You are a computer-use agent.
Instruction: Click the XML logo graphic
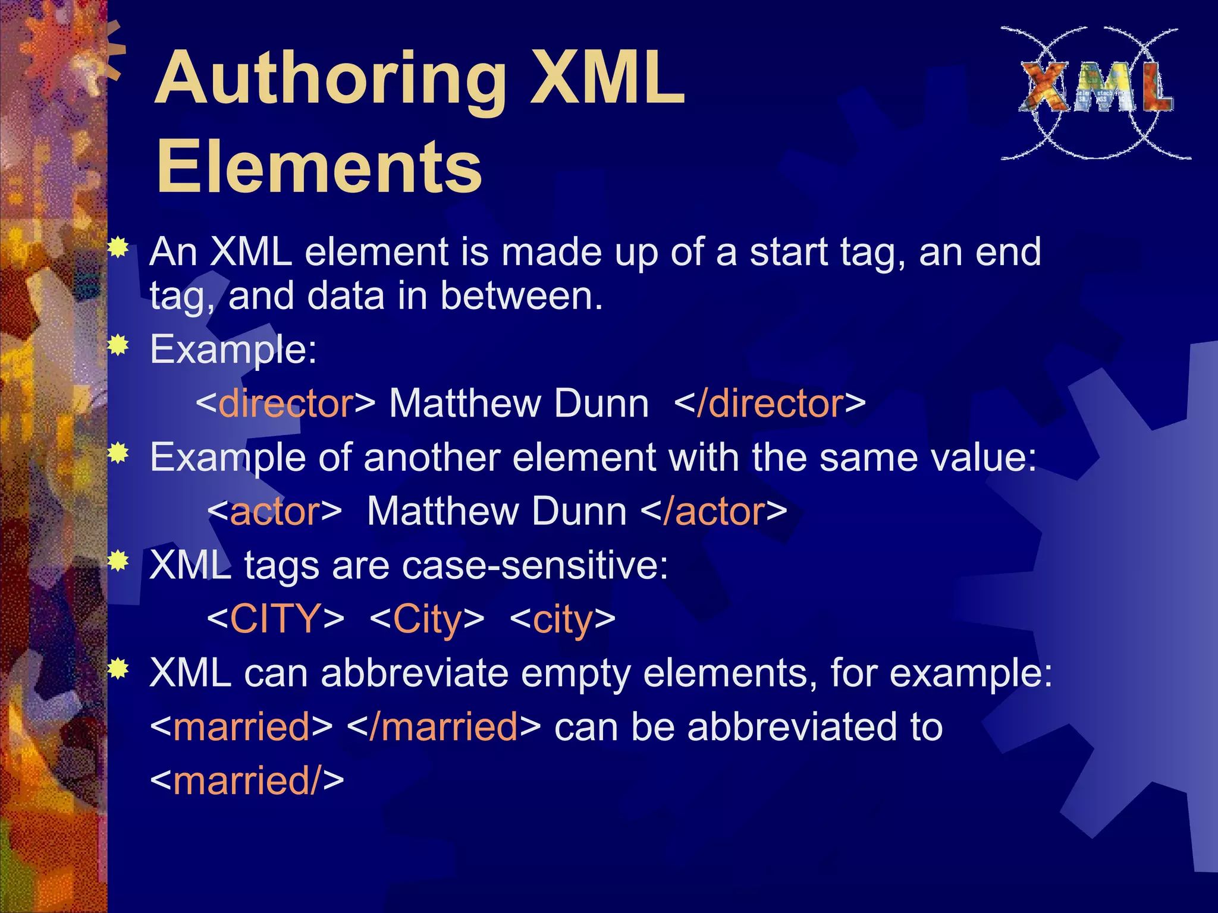pos(1095,92)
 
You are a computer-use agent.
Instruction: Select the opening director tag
pos(285,404)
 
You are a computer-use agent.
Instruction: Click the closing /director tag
pos(770,404)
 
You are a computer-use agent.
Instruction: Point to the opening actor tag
pos(275,511)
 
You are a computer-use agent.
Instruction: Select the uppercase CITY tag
pos(275,619)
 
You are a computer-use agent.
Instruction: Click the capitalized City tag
pos(426,619)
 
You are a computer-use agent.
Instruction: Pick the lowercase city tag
pos(562,619)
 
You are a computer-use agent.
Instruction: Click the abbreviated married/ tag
pos(247,780)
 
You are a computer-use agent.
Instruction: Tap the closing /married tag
pos(443,726)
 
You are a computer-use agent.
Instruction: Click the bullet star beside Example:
pos(119,345)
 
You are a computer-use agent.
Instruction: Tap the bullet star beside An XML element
pos(119,247)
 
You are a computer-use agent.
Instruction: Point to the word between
pos(521,295)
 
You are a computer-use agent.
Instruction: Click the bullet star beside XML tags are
pos(119,561)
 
